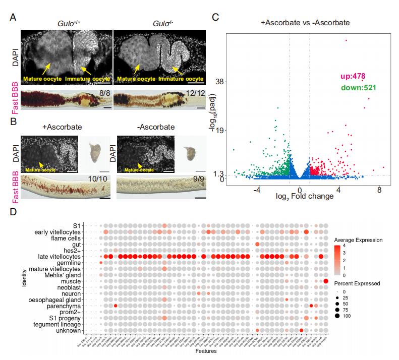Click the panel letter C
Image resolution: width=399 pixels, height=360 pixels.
(215, 18)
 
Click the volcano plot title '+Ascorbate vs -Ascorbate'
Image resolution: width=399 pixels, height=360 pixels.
(306, 23)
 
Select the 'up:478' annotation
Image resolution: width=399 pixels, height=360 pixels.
(352, 77)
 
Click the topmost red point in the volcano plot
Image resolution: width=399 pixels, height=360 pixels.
(346, 40)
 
